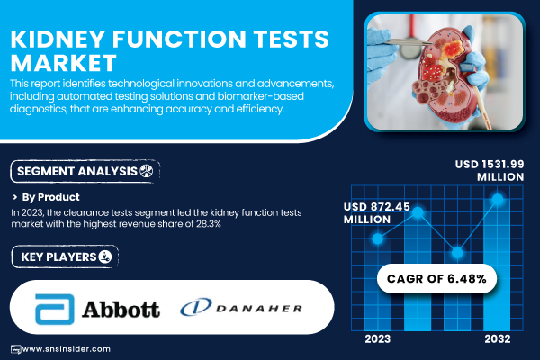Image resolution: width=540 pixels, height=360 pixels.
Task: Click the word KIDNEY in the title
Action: click(x=58, y=39)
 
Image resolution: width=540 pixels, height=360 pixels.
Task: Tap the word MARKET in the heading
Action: click(x=64, y=63)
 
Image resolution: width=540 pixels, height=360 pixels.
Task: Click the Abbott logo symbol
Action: click(x=55, y=309)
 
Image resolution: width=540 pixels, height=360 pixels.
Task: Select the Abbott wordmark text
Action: click(x=121, y=309)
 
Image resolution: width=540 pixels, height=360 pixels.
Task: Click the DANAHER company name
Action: click(x=259, y=309)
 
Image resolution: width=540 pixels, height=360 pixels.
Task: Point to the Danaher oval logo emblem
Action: click(x=196, y=307)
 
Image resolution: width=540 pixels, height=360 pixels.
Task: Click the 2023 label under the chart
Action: click(x=378, y=339)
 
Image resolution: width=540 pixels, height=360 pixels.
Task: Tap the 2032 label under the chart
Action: click(x=498, y=339)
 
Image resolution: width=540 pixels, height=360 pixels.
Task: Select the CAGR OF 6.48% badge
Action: click(x=436, y=278)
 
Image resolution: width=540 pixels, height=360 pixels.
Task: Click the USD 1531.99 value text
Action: click(x=490, y=165)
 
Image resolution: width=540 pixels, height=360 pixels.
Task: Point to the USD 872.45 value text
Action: click(x=377, y=207)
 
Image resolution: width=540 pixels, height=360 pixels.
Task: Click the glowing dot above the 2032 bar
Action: click(x=498, y=199)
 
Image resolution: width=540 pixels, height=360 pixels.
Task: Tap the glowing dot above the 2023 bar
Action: click(x=378, y=238)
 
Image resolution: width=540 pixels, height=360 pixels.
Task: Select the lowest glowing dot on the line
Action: click(x=457, y=253)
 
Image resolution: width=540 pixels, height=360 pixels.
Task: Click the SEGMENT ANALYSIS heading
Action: click(x=77, y=171)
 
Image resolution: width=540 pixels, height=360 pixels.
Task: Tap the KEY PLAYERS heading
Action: click(x=58, y=257)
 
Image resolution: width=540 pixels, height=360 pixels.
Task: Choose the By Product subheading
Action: click(x=51, y=197)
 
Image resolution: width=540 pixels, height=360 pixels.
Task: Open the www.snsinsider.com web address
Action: click(x=66, y=349)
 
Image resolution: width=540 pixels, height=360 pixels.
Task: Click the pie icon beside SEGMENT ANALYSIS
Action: click(x=147, y=170)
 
